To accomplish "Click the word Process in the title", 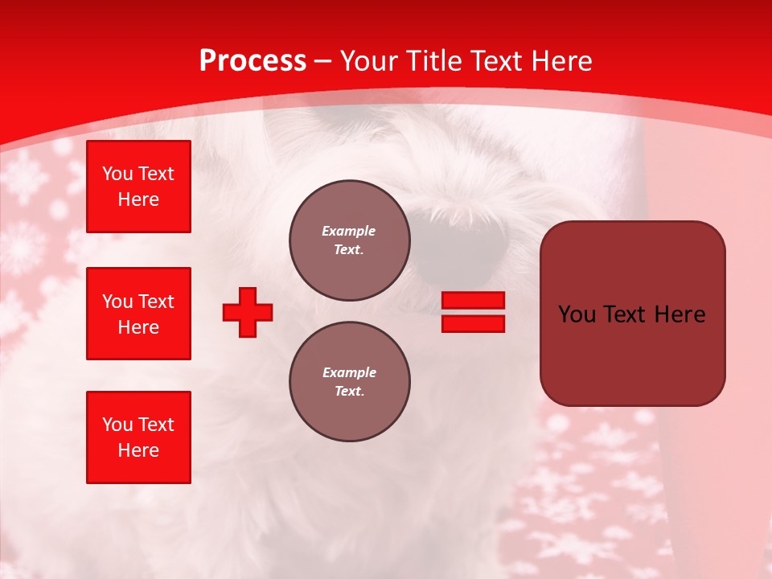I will click(253, 61).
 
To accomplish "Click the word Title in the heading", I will click(431, 61).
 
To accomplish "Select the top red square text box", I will click(138, 187).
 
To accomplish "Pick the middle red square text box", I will click(138, 314).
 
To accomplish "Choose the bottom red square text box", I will click(138, 437).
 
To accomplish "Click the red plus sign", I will click(248, 312).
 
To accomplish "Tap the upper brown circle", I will click(350, 240).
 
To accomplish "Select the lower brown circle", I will click(350, 382).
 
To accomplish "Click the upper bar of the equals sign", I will click(474, 300).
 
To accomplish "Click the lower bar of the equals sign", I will click(474, 323).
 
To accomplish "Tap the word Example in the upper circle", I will click(349, 231).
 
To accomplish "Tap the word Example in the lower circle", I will click(350, 372).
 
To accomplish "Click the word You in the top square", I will click(117, 174).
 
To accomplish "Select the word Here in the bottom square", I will click(138, 451).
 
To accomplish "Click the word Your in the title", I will click(370, 61).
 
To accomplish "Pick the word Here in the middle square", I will click(138, 327).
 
